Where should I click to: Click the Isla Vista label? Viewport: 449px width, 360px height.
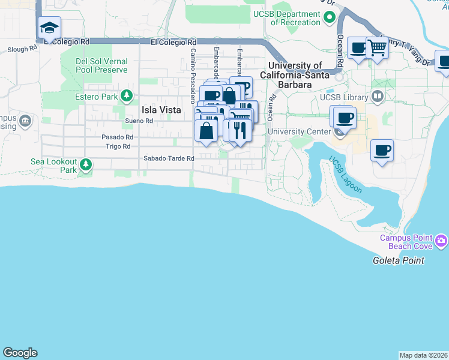(x=161, y=110)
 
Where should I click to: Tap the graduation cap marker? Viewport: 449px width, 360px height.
(x=49, y=28)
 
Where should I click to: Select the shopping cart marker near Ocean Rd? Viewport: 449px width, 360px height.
(x=377, y=47)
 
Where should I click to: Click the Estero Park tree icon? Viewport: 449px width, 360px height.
(x=126, y=95)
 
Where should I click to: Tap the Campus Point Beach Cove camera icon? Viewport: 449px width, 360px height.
(x=442, y=241)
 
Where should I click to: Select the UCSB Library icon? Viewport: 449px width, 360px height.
(x=378, y=95)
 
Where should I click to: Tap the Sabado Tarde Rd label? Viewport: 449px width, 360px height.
(x=169, y=158)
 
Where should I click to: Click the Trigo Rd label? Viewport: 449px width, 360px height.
(x=118, y=146)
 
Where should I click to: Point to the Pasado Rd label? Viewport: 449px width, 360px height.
(x=116, y=137)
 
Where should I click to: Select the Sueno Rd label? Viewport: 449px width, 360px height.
(x=139, y=121)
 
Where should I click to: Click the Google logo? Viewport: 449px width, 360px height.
(x=20, y=353)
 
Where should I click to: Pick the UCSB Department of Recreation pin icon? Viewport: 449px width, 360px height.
(x=329, y=19)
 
